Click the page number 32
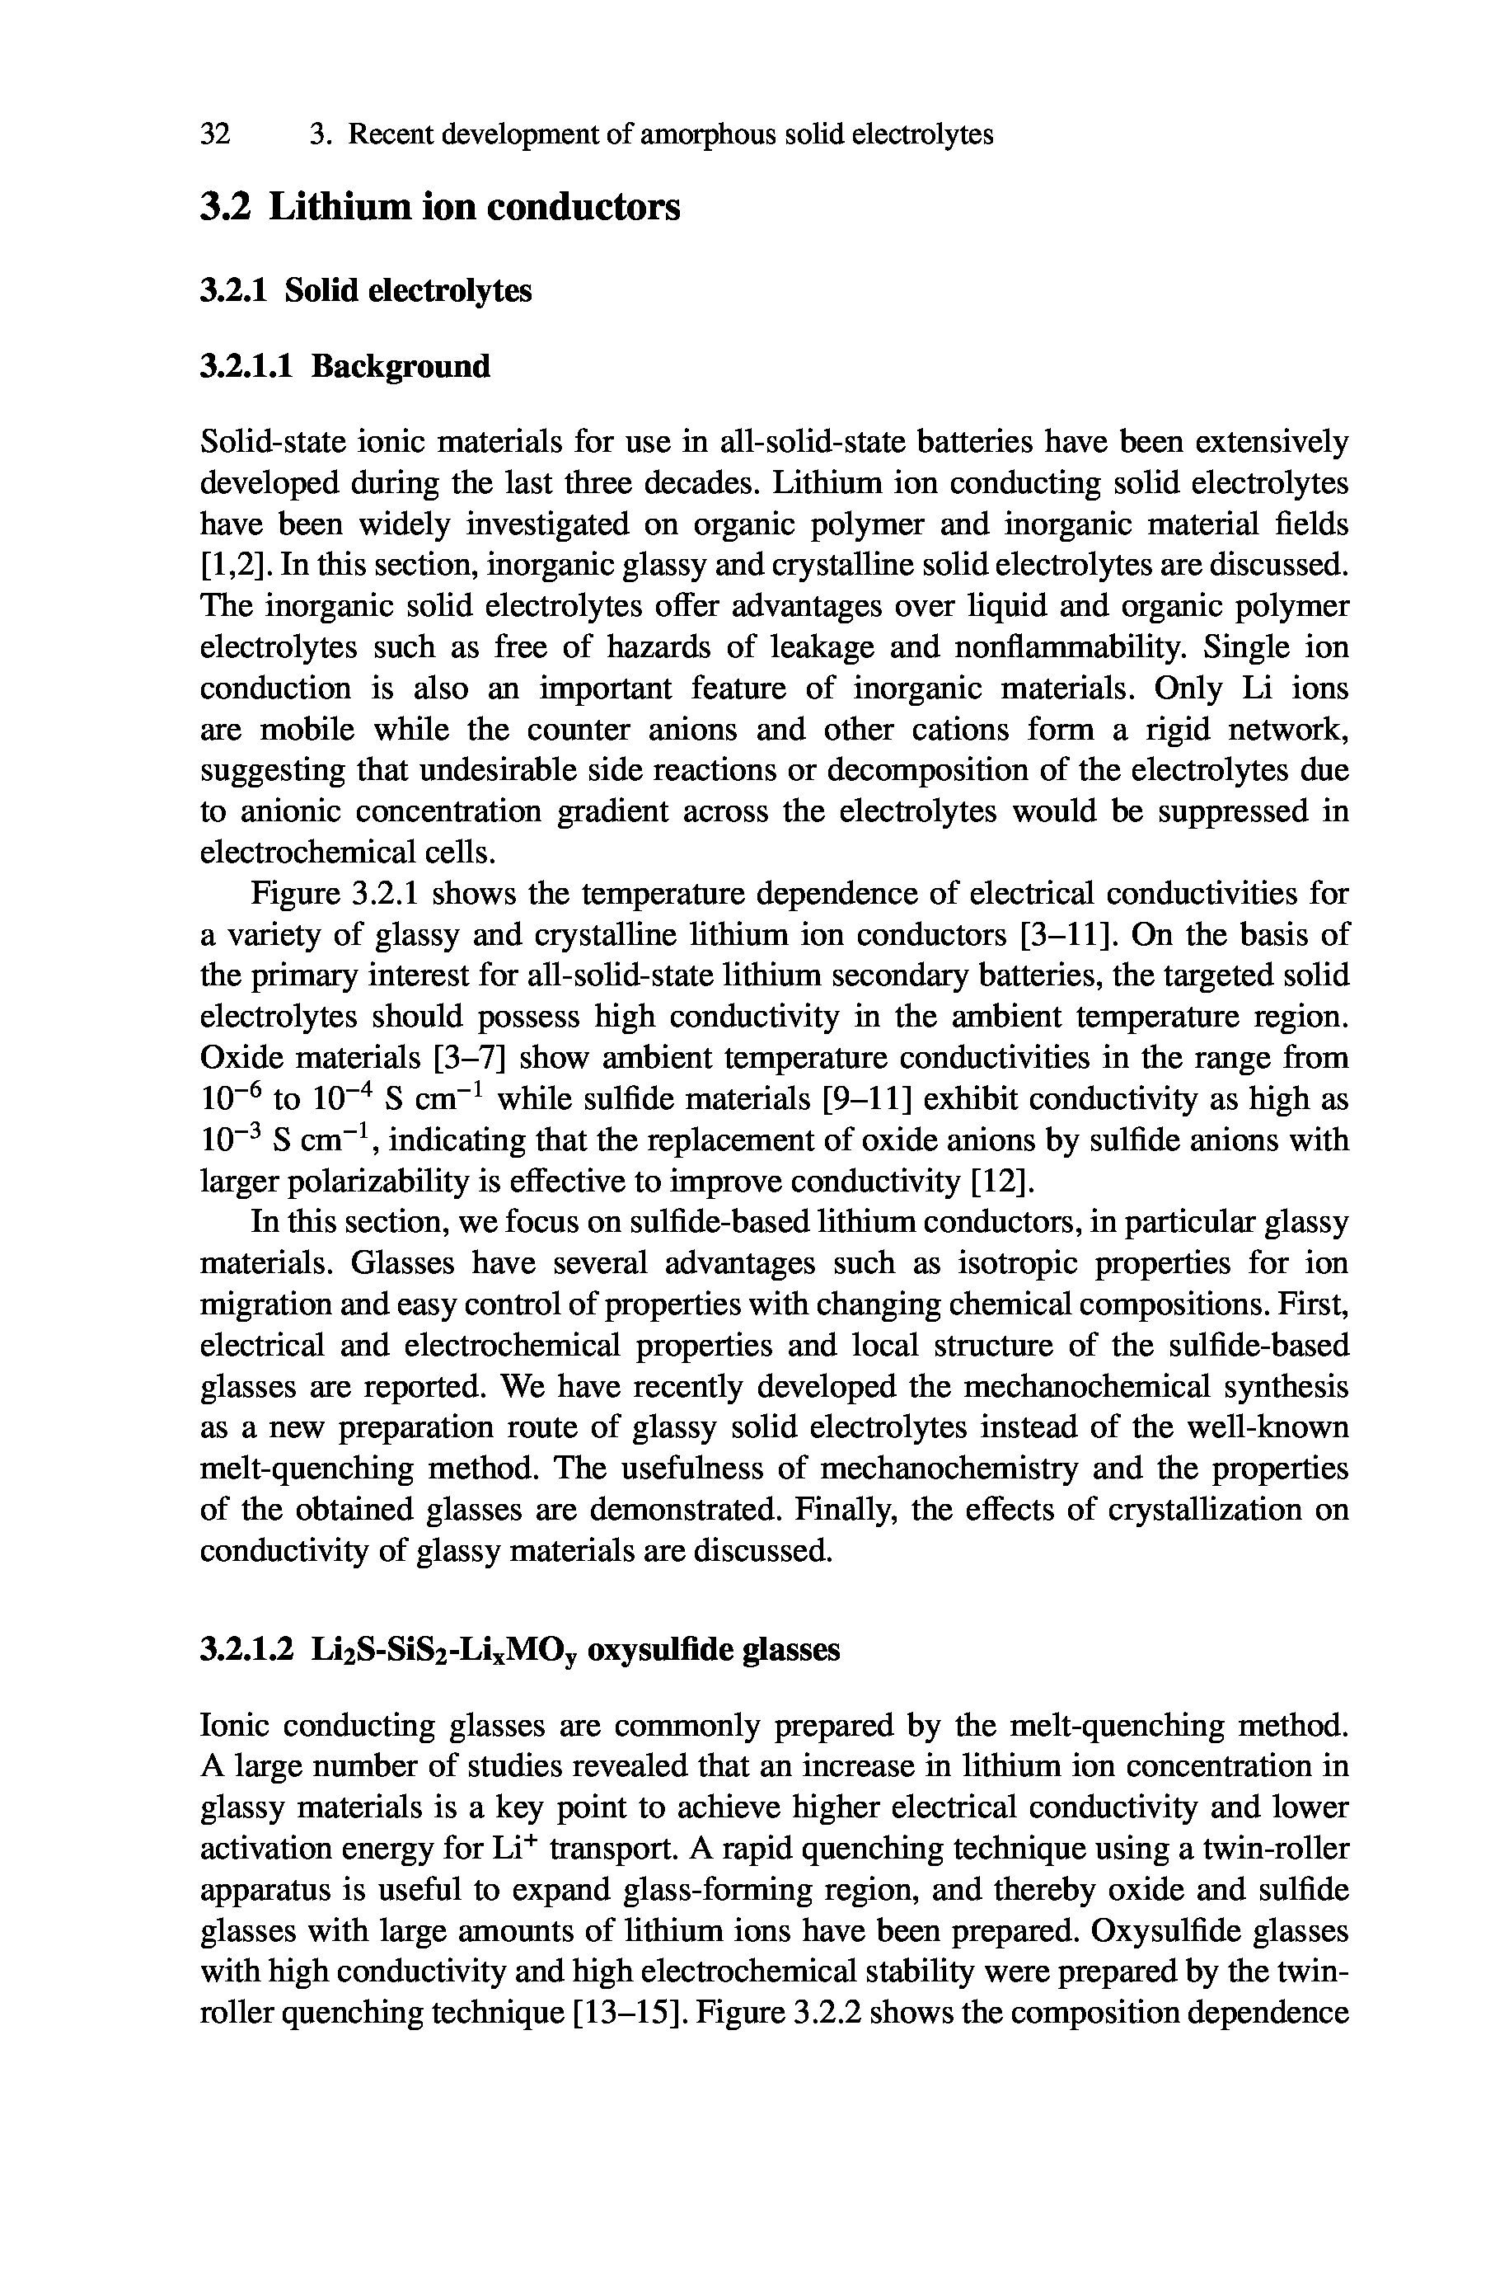click(216, 134)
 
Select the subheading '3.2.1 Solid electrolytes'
click(366, 291)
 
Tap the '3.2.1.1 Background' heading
click(344, 367)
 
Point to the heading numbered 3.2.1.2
click(520, 1651)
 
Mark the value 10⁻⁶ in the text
click(231, 1098)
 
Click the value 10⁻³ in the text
click(230, 1140)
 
